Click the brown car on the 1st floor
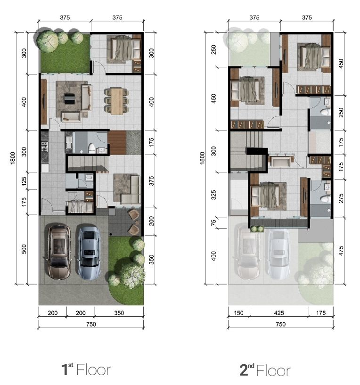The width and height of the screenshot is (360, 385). [x=59, y=252]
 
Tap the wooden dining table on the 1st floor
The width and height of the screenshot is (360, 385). [x=116, y=101]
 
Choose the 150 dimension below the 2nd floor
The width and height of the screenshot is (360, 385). [x=238, y=312]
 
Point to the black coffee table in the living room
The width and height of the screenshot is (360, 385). [x=69, y=99]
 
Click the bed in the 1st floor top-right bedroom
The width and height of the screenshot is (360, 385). [x=124, y=49]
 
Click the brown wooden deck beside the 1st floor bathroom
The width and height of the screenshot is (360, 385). [x=117, y=142]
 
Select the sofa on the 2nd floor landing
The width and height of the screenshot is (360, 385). [x=280, y=161]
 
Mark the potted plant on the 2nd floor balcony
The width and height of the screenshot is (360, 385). [x=258, y=229]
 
